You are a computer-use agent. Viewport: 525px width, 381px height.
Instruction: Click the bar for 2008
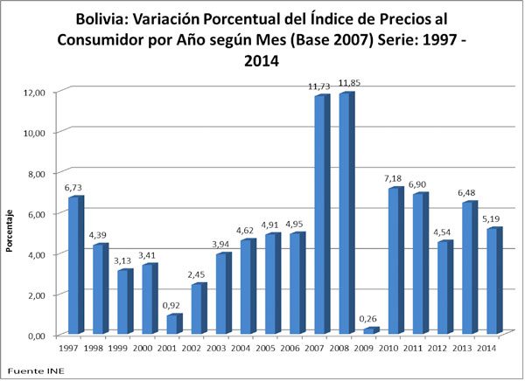(x=346, y=214)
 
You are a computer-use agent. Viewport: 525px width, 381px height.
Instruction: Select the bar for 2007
(x=322, y=215)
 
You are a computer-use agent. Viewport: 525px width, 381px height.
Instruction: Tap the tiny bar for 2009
(x=371, y=330)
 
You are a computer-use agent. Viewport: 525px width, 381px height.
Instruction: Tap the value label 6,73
(x=75, y=187)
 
